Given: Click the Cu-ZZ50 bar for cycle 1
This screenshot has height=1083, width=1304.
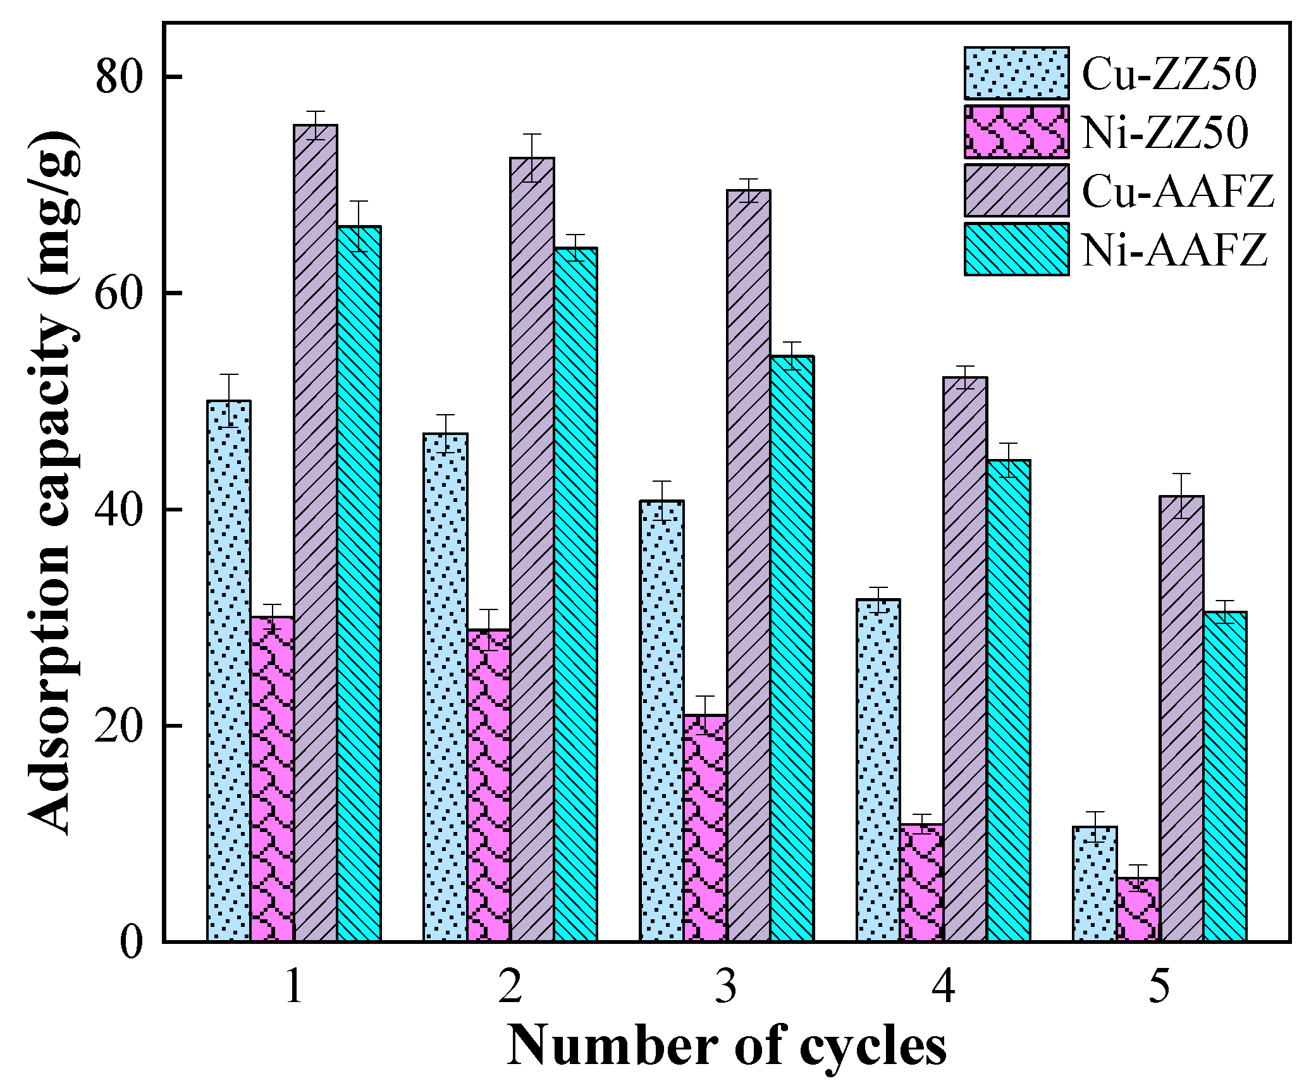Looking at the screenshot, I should tap(229, 670).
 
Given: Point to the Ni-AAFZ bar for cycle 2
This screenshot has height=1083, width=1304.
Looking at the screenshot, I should tap(575, 594).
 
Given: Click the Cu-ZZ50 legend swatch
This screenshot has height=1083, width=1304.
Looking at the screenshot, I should tap(1016, 73).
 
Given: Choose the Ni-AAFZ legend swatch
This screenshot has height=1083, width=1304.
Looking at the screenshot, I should tap(1016, 249).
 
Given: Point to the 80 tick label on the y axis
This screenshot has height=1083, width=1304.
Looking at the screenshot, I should tap(120, 77).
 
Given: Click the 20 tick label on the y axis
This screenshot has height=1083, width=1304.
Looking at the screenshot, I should tap(120, 726).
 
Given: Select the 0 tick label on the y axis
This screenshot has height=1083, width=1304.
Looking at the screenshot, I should tap(132, 943).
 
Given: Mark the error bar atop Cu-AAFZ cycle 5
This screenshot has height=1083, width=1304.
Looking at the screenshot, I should tap(1181, 496).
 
